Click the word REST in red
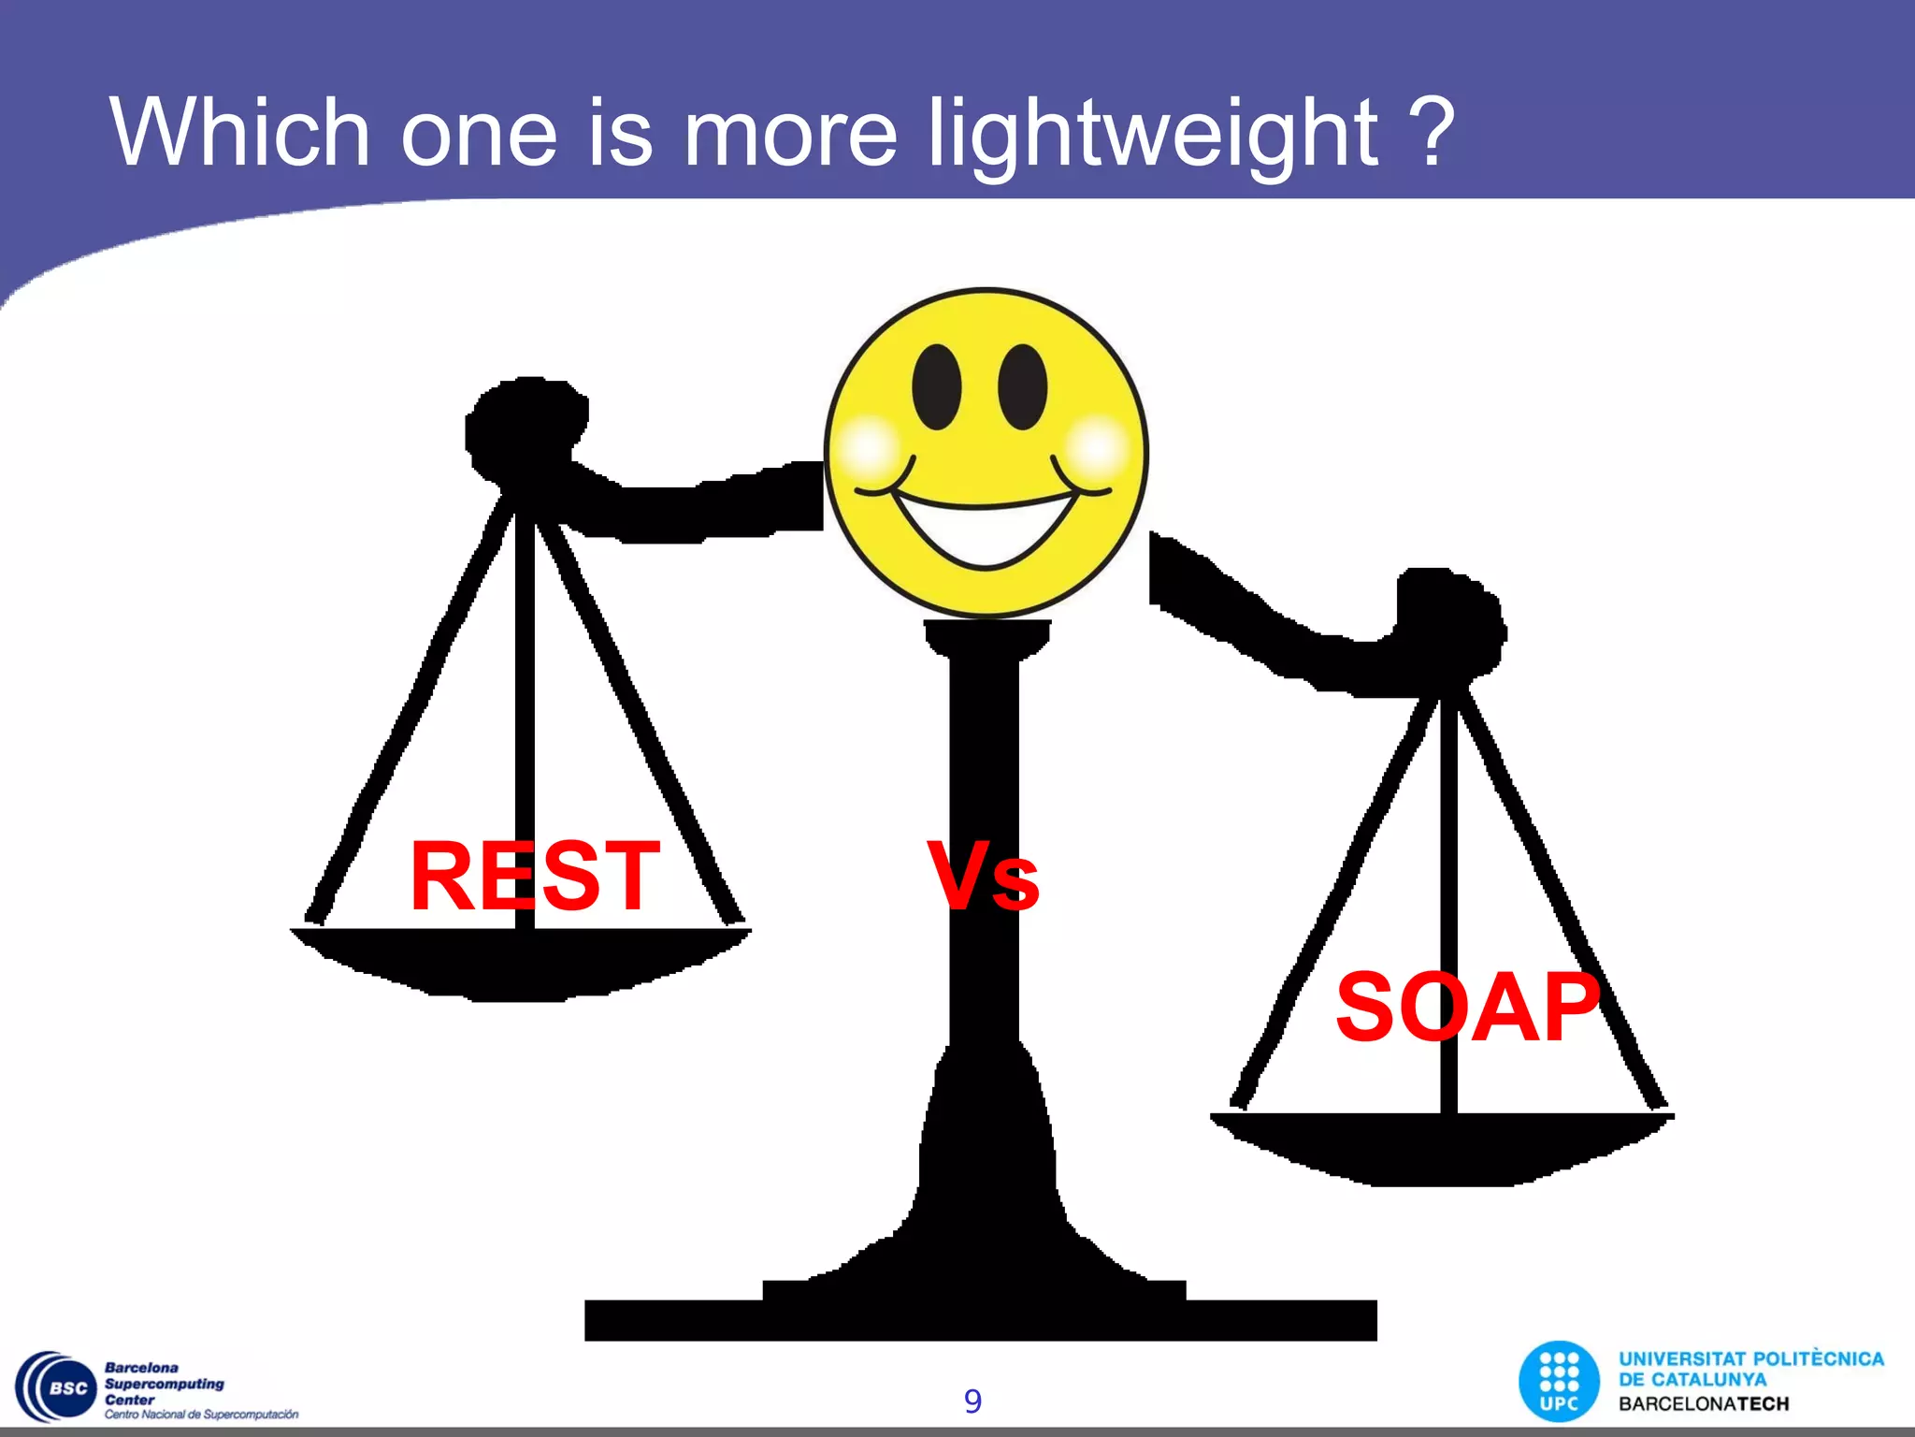click(535, 877)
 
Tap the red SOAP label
click(1468, 1008)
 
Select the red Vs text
click(983, 877)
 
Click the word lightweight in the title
click(1152, 134)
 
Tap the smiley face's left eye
click(936, 386)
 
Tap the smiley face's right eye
click(1022, 386)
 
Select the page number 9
click(972, 1401)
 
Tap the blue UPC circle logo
click(1559, 1382)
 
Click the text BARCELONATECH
click(1704, 1404)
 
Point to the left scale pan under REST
click(520, 964)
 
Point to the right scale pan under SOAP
click(1442, 1149)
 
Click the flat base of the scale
click(980, 1320)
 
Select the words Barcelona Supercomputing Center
click(164, 1384)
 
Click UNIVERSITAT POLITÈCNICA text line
click(1750, 1359)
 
